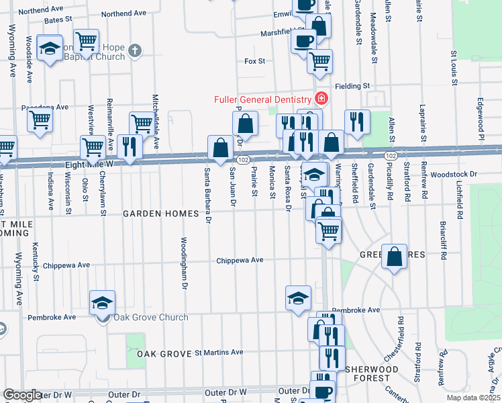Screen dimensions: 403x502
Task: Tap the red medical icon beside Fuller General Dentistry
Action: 321,99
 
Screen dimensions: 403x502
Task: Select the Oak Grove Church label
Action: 141,317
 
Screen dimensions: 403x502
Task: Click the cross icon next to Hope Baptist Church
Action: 135,50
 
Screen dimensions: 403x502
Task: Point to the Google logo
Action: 22,395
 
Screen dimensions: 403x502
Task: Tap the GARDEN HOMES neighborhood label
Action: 161,214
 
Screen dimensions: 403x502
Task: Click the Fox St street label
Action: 255,61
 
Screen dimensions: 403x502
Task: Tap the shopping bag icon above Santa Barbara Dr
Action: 221,146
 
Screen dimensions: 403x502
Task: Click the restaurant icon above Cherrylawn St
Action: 129,146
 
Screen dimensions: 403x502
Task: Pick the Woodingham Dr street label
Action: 183,262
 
